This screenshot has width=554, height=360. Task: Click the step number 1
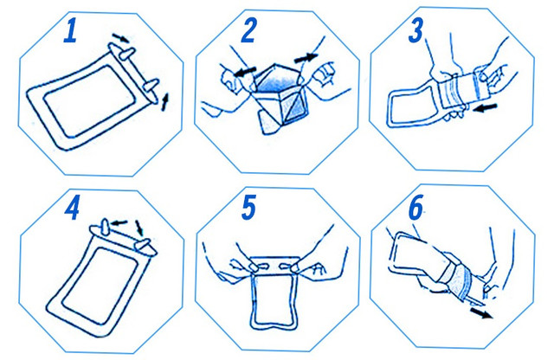coord(71,31)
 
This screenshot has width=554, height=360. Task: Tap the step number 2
coord(248,30)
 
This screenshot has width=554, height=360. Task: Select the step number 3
coord(415,31)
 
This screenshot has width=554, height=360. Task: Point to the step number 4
coord(72,209)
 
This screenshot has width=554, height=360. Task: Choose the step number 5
coord(248,208)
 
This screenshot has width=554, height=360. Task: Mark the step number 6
coord(415,208)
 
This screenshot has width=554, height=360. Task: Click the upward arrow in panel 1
coord(165,102)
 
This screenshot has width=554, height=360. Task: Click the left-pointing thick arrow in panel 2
coord(245,72)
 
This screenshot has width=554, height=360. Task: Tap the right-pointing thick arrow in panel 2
coord(306,57)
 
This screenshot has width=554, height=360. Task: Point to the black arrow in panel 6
coord(481,313)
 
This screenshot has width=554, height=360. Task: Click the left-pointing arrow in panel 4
coord(119,223)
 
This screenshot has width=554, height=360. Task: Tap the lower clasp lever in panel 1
coord(151,85)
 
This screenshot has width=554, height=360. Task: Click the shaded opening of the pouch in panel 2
coord(280,83)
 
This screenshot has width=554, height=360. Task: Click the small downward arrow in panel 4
coord(139,228)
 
